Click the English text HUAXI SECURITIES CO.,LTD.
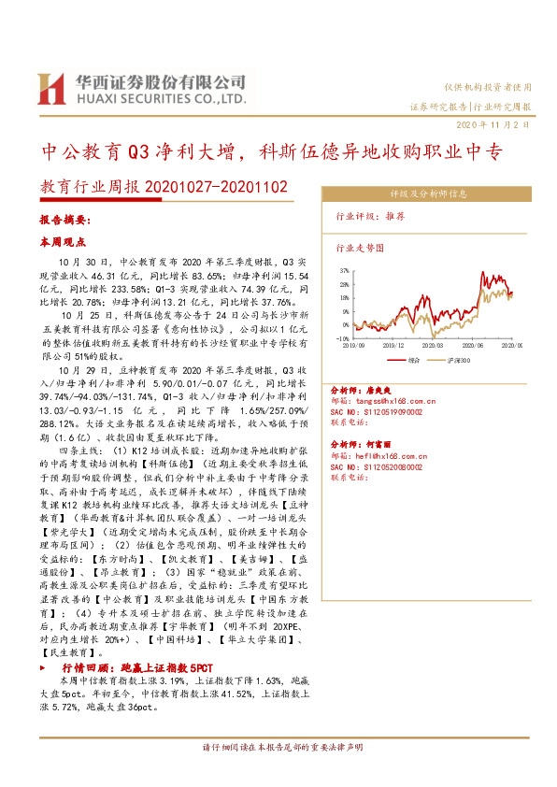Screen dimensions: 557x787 [x=161, y=97]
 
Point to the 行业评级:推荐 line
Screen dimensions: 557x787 [x=370, y=216]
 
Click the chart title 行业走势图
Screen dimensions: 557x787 [x=360, y=249]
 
